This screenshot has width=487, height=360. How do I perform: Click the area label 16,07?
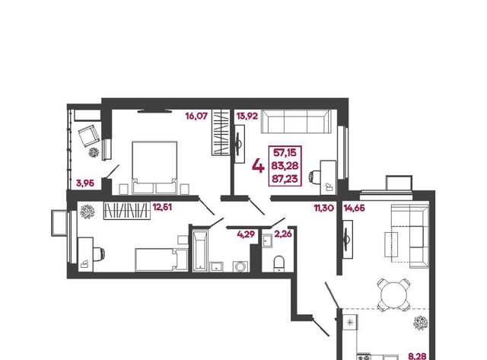pyautogui.click(x=196, y=116)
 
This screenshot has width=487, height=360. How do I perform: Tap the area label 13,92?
pyautogui.click(x=247, y=116)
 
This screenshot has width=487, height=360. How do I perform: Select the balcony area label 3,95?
pyautogui.click(x=84, y=183)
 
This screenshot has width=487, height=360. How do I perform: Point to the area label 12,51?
pyautogui.click(x=162, y=207)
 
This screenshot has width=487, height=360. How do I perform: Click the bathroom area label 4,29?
pyautogui.click(x=246, y=234)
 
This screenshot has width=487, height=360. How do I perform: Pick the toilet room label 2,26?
pyautogui.click(x=283, y=234)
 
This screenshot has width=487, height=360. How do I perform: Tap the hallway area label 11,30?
pyautogui.click(x=324, y=208)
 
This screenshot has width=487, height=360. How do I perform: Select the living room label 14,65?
pyautogui.click(x=355, y=208)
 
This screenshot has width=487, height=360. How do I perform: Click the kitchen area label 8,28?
pyautogui.click(x=417, y=356)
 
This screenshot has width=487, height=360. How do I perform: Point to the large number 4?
pyautogui.click(x=258, y=166)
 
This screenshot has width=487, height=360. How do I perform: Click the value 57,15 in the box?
pyautogui.click(x=285, y=152)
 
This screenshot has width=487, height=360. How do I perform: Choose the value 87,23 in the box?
pyautogui.click(x=285, y=179)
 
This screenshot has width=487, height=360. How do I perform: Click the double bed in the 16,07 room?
pyautogui.click(x=154, y=167)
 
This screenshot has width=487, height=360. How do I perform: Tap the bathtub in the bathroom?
pyautogui.click(x=199, y=251)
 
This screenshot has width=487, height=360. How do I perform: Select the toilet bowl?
pyautogui.click(x=279, y=263)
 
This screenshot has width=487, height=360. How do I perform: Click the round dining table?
pyautogui.click(x=393, y=294)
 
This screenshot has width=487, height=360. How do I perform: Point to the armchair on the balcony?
pyautogui.click(x=89, y=135)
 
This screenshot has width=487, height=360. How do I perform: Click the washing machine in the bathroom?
pyautogui.click(x=240, y=267)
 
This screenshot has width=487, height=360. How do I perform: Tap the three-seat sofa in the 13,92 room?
pyautogui.click(x=296, y=122)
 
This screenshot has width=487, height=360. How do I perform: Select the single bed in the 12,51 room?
pyautogui.click(x=161, y=260)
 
